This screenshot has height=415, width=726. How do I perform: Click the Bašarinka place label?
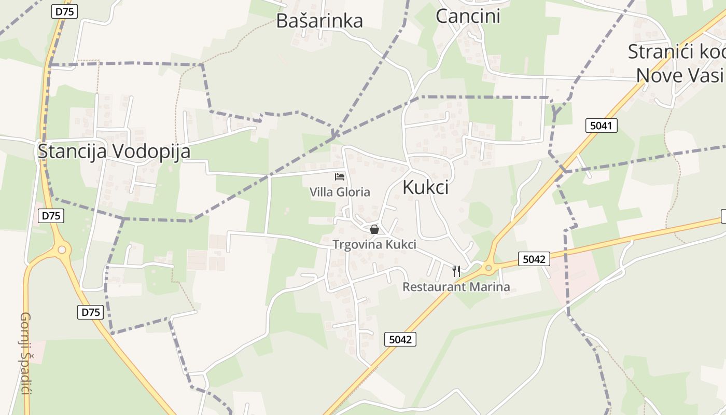319,21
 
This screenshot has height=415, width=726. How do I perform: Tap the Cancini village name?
468,16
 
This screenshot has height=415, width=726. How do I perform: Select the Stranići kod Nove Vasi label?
676,63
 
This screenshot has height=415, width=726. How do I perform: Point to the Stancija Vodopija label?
114,151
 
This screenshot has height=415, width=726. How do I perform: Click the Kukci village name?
425,188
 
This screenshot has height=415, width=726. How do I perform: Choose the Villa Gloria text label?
340,192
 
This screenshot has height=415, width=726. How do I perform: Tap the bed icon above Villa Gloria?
340,177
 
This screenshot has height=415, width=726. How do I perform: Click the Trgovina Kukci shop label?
374,244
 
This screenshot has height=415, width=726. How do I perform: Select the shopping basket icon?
374,229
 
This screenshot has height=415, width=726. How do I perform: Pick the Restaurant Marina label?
456,287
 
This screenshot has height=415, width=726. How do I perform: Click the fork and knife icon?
456,271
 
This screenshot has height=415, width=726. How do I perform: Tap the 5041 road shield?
602,125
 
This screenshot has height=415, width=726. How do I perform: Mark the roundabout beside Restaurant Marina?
487,268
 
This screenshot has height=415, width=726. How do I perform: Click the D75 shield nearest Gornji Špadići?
91,312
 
